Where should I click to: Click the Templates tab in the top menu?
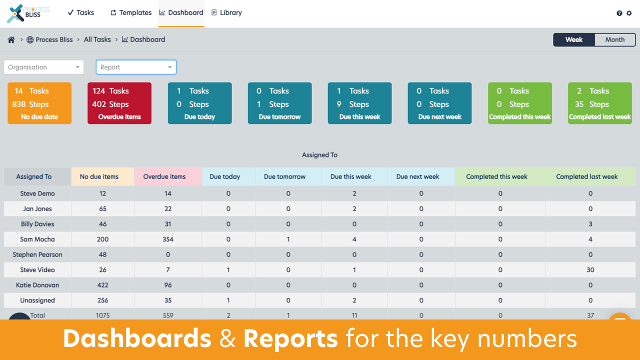(x=131, y=13)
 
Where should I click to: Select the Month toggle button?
(x=614, y=40)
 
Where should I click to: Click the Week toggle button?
(x=574, y=40)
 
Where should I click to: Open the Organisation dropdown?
(x=44, y=67)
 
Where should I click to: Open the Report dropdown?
(x=136, y=67)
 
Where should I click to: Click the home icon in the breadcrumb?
(x=11, y=40)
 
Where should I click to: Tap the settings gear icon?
(x=629, y=13)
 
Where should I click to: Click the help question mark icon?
(x=619, y=13)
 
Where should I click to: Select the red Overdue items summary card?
(x=119, y=103)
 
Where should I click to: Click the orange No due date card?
(x=39, y=103)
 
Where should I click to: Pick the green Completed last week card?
(x=599, y=103)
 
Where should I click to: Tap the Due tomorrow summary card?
(x=279, y=103)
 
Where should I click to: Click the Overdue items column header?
(x=164, y=176)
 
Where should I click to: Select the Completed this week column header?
(x=496, y=176)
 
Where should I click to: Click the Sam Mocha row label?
(x=37, y=239)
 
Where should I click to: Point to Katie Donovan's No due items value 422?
(x=102, y=285)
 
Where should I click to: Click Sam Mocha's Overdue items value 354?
(x=168, y=239)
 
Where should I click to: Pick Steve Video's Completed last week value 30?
(x=590, y=270)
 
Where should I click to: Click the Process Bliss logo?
(x=29, y=13)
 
